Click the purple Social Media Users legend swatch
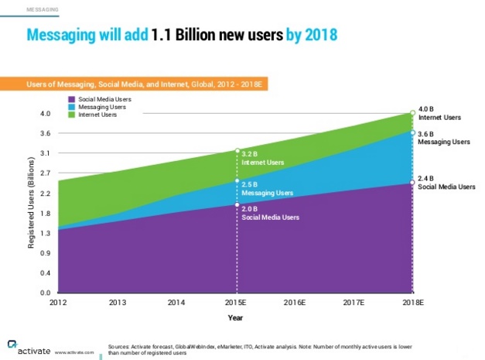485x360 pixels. [72, 99]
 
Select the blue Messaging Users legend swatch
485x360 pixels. [72, 107]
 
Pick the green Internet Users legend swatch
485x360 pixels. [72, 115]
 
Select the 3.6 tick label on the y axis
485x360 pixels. [45, 134]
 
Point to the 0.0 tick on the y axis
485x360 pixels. [45, 293]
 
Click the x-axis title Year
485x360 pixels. [235, 317]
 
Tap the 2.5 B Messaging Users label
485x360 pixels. [267, 188]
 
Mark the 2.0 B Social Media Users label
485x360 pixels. [268, 213]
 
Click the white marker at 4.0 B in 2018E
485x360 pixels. [412, 113]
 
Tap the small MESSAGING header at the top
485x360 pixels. [43, 10]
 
